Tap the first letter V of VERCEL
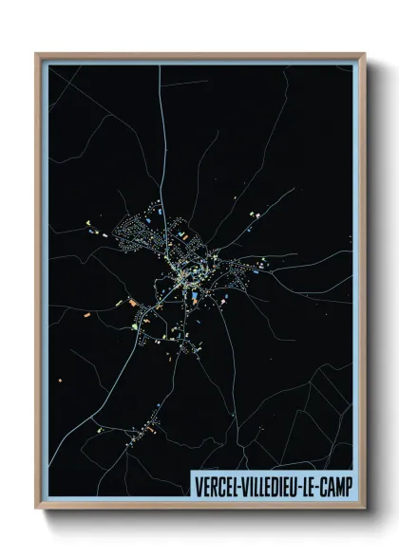(197, 484)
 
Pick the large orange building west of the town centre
(133, 304)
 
